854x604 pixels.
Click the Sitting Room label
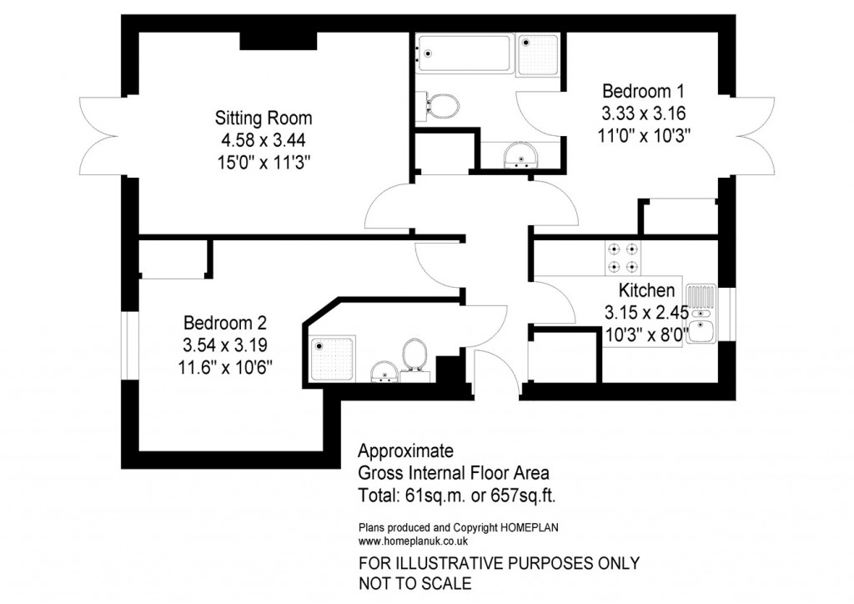click(x=264, y=117)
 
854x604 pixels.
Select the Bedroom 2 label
click(x=225, y=323)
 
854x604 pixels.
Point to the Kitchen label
click(x=646, y=290)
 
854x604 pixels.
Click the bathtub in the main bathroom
click(x=464, y=55)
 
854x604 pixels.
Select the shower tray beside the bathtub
click(x=539, y=55)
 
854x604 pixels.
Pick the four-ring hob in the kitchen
click(x=623, y=257)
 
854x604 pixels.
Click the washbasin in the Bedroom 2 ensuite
click(x=384, y=372)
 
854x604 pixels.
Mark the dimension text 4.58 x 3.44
click(x=264, y=138)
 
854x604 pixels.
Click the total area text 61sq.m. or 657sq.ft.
click(x=456, y=496)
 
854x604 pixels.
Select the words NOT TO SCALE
click(x=414, y=583)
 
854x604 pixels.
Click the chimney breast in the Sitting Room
click(x=278, y=41)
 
